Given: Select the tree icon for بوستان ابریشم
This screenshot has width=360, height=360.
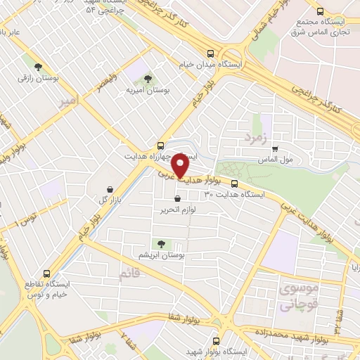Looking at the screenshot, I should pos(162,244).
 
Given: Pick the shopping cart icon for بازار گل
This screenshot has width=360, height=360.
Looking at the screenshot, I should pos(111,188).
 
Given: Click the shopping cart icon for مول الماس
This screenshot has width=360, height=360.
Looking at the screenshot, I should pos(275,148).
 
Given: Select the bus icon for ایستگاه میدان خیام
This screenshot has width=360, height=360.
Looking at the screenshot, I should pos(211,53).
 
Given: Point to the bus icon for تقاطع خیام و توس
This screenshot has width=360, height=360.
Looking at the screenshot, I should pos(48,274).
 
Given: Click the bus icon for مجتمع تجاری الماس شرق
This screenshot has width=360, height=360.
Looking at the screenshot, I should pos(321,11).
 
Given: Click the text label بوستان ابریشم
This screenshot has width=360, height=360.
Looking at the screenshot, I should pos(162,257).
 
